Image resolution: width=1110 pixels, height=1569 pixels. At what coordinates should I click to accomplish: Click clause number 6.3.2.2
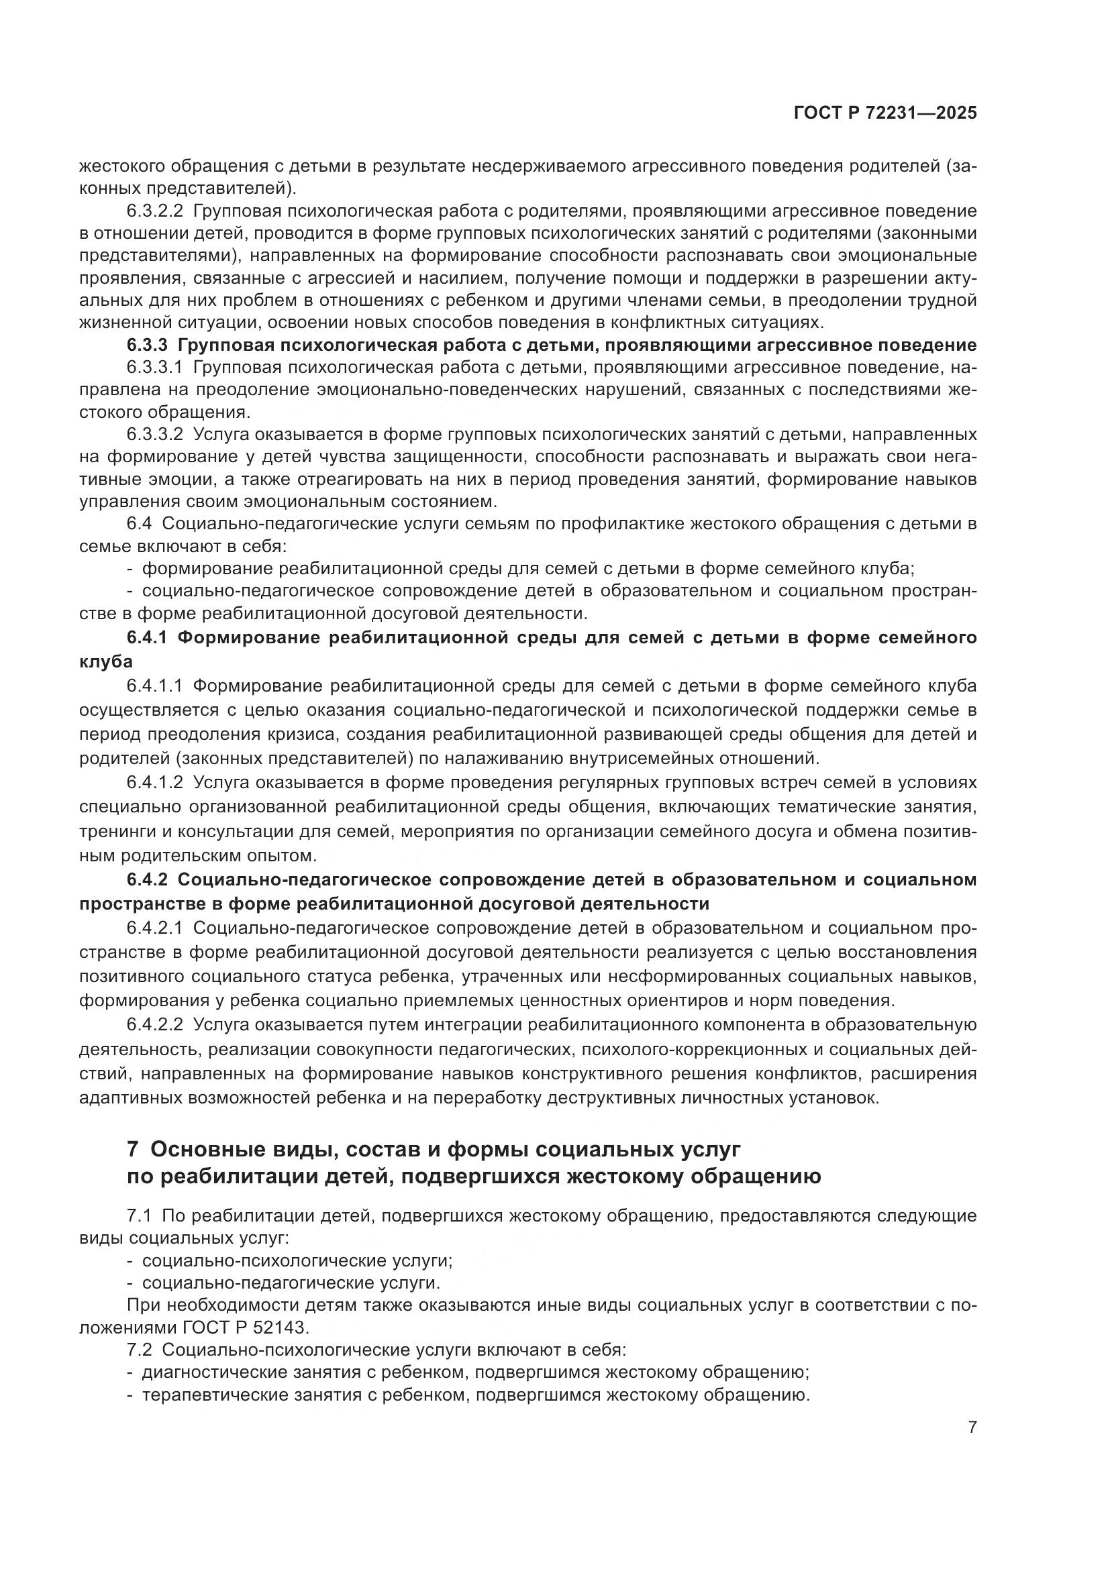click(154, 211)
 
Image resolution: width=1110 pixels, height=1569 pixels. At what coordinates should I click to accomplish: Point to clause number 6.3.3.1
click(154, 368)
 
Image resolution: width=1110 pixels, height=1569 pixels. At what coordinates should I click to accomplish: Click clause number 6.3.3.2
click(154, 435)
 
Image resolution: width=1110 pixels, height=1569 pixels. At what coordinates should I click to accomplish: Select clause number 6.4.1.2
click(154, 782)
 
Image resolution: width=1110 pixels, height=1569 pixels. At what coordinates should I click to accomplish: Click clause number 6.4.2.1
click(154, 928)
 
